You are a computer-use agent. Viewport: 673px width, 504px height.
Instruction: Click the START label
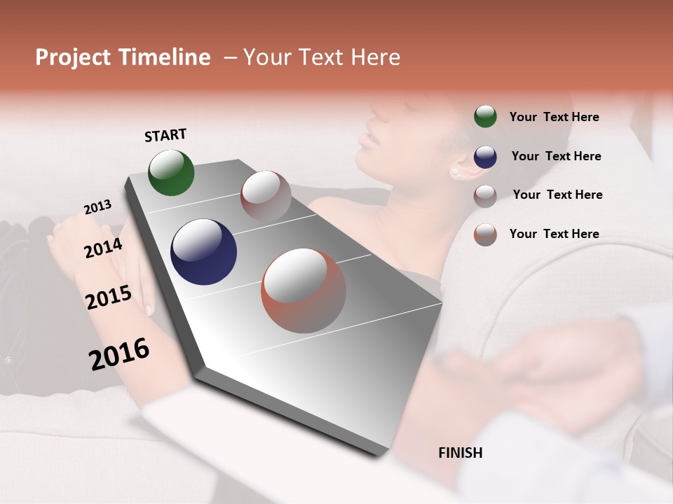165,135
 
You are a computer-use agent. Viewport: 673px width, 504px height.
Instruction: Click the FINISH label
460,453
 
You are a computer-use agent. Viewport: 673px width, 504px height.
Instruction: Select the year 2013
97,206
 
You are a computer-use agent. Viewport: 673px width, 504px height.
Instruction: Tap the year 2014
103,248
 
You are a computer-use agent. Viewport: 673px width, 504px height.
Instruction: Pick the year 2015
109,297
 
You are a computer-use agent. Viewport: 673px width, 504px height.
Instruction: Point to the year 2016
119,353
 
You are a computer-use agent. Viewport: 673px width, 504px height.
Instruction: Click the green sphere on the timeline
171,172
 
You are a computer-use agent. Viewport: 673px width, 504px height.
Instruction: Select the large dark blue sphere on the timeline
203,252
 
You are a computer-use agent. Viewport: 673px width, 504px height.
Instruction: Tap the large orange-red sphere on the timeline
304,290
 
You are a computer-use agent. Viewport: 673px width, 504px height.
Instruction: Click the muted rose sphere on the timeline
266,196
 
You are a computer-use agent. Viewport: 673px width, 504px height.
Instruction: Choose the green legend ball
485,117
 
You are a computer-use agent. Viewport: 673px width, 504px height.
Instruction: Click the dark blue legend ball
485,157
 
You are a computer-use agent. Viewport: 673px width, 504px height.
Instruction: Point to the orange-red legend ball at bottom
485,234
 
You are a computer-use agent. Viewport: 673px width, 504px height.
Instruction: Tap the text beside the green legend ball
554,118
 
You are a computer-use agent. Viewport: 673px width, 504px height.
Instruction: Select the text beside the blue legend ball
556,156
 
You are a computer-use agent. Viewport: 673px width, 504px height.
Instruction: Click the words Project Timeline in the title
123,57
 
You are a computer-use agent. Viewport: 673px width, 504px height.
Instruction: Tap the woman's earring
456,171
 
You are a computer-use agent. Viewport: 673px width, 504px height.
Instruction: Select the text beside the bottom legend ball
554,234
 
